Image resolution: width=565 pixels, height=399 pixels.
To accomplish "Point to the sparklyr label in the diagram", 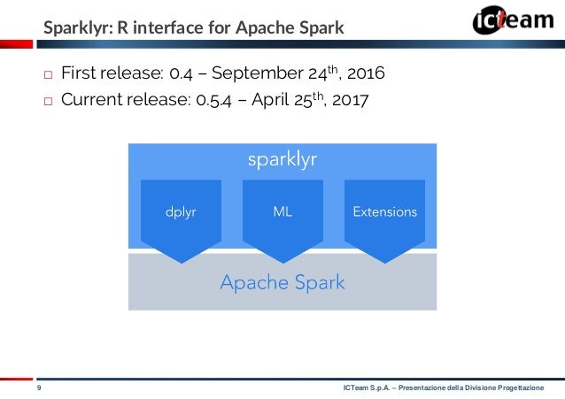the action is (282, 159).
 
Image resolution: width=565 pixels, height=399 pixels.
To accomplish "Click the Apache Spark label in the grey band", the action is (282, 283).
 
